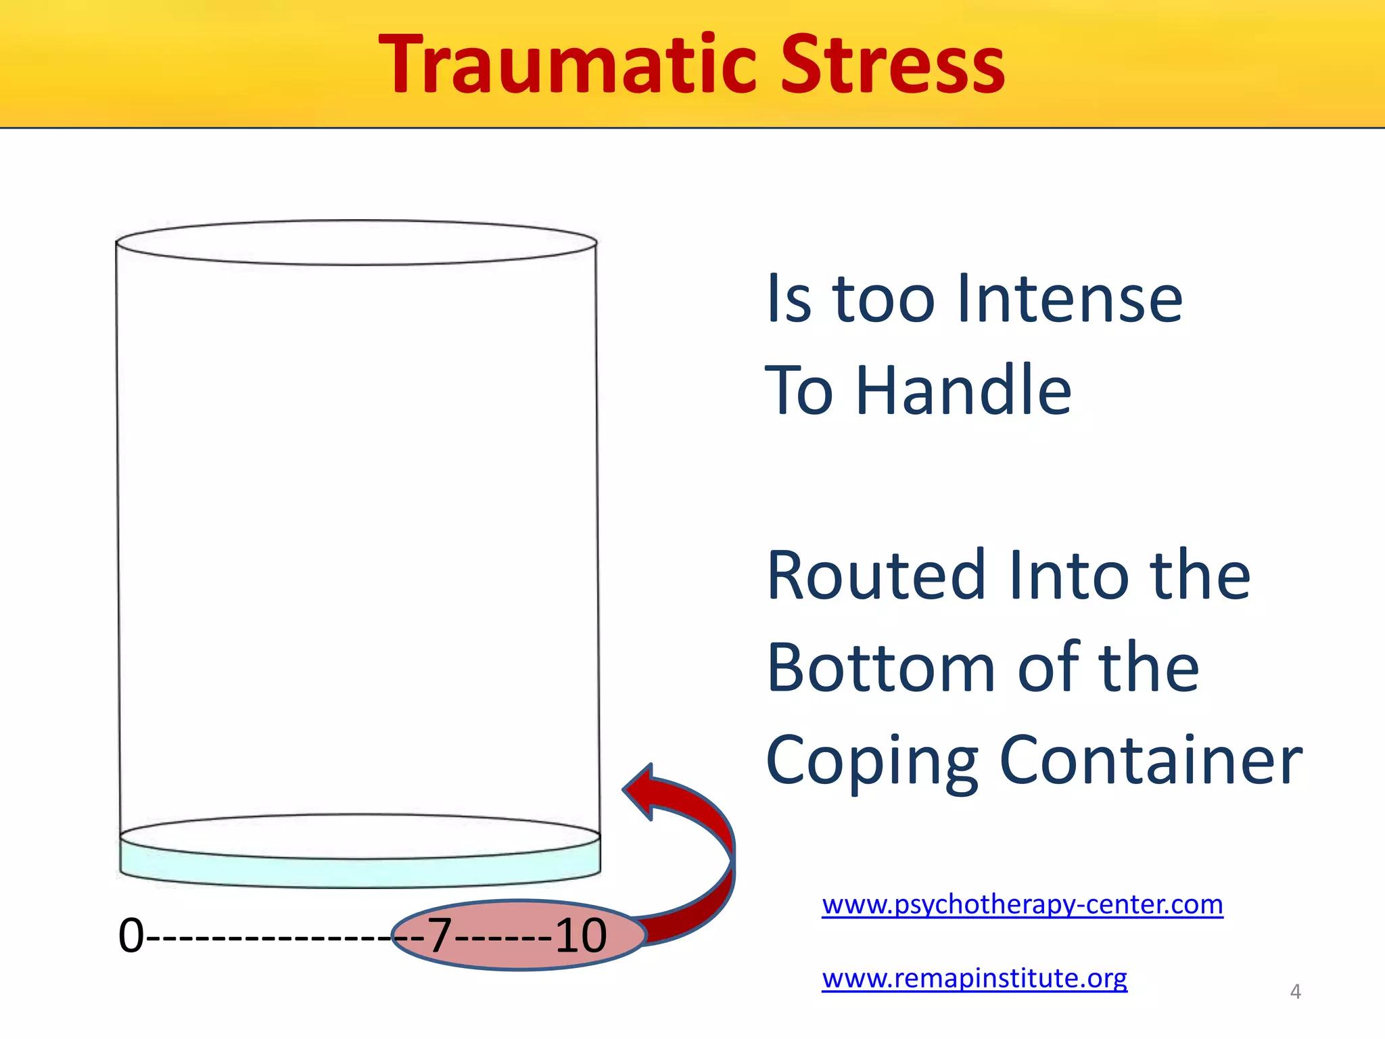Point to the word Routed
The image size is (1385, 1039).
(x=877, y=576)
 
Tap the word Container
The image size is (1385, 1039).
(x=1150, y=761)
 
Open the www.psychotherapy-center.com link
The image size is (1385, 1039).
(x=1023, y=904)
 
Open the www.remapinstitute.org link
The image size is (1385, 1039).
(x=975, y=978)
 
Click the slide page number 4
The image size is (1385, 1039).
(x=1295, y=992)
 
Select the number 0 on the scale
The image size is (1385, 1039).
(x=131, y=936)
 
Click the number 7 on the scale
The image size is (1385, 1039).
(x=440, y=936)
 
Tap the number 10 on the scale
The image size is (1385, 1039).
(x=581, y=936)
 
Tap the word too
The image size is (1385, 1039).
(x=884, y=299)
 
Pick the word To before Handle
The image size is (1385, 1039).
(x=798, y=390)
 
